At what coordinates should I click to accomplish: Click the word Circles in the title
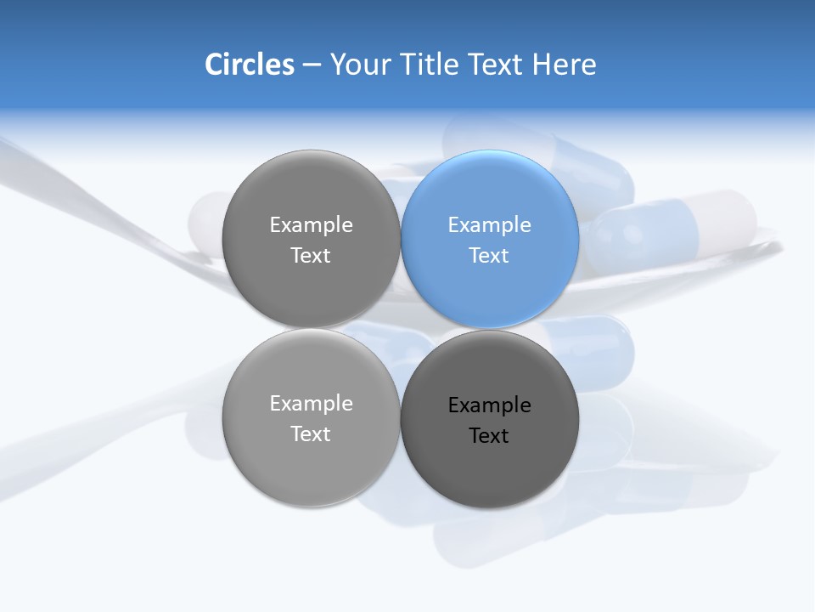pos(250,64)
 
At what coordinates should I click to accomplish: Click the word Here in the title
pos(565,64)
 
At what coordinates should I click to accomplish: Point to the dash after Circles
pos(312,65)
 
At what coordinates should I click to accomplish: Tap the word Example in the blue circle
pos(490,224)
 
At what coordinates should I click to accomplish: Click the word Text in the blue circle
pos(489,255)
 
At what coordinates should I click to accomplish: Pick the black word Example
pos(490,405)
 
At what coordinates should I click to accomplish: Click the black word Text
pos(489,435)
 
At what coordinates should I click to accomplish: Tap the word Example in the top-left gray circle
pos(312,224)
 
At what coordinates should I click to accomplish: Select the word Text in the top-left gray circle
pos(311,255)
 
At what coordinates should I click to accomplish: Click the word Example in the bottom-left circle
pos(312,403)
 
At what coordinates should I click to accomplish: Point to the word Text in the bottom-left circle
pos(311,433)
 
